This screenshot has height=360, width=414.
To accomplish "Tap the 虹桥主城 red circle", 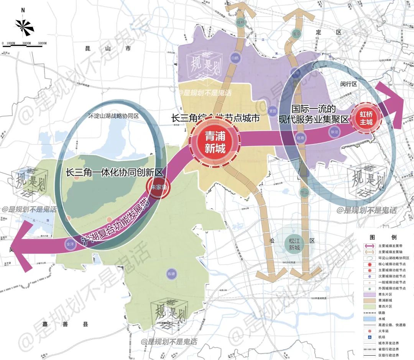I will pyautogui.click(x=366, y=118).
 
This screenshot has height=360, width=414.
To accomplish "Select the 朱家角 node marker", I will pyautogui.click(x=158, y=188).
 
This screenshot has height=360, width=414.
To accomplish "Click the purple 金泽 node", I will pyautogui.click(x=70, y=244).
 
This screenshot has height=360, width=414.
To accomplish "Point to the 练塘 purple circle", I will pyautogui.click(x=171, y=273).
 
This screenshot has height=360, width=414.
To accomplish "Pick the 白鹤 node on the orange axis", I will pyautogui.click(x=235, y=58).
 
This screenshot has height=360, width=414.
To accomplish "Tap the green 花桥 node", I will pyautogui.click(x=240, y=23).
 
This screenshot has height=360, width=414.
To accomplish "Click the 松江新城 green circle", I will pyautogui.click(x=295, y=244).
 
